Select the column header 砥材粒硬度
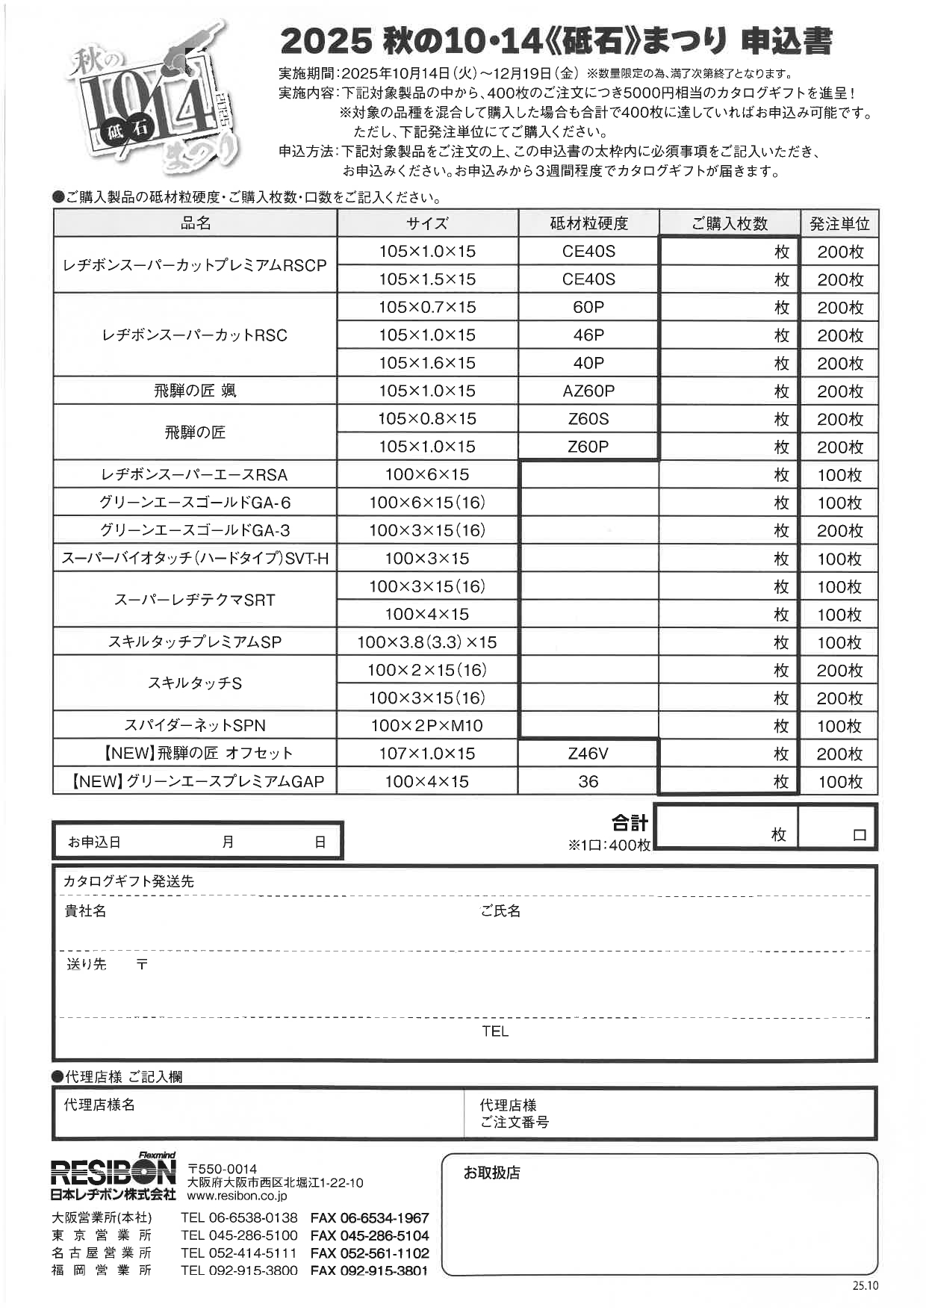coord(588,223)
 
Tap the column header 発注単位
coord(839,223)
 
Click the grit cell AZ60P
coord(588,391)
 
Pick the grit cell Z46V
coord(588,754)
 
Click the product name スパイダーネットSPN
coord(195,725)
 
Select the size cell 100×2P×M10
coord(427,725)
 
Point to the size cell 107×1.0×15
coord(427,754)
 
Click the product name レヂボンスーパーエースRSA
coord(195,474)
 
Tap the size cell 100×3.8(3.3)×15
coord(427,642)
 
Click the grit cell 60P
coord(588,307)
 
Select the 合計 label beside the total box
coord(630,823)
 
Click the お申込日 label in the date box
coord(94,842)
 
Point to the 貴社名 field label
coord(85,911)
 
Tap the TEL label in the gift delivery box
coord(495,1031)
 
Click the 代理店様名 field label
coord(99,1105)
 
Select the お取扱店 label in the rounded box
coord(491,1173)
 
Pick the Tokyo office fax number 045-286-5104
coord(370,1236)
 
